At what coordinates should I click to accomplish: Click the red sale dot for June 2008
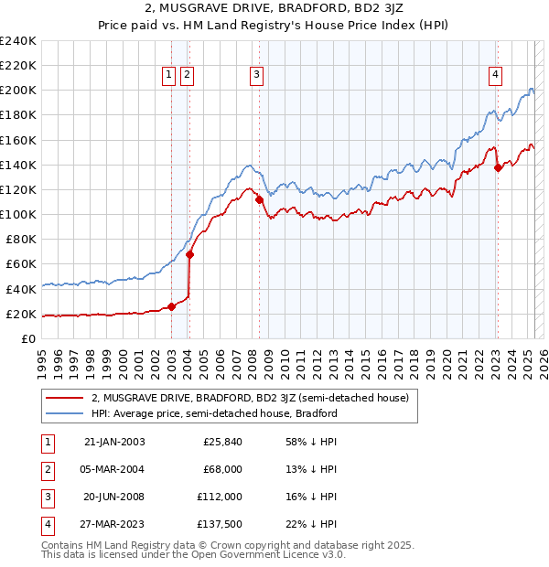(x=259, y=199)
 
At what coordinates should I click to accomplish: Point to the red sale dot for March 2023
(x=498, y=167)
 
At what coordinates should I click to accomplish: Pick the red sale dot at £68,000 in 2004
(x=189, y=254)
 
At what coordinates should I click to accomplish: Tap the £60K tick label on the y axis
(x=20, y=263)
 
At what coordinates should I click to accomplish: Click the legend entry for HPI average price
(x=214, y=413)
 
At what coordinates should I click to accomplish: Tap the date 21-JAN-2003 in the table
(x=114, y=442)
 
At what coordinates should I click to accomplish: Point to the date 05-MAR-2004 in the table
(x=114, y=469)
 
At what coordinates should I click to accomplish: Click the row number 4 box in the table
(x=47, y=524)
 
